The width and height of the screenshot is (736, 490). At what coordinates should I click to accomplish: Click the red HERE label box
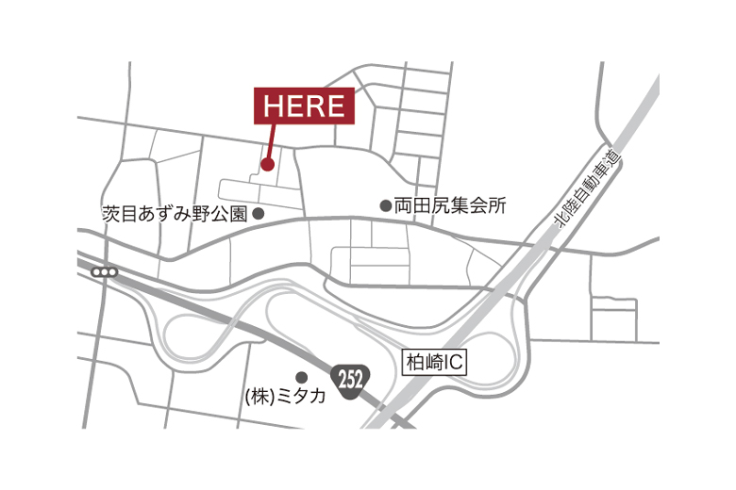[304, 106]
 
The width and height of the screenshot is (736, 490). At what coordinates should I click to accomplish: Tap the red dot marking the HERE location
[267, 165]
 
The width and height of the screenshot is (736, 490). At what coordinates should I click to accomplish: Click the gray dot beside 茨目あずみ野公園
[259, 214]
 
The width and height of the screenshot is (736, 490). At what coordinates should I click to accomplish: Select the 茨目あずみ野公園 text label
[175, 214]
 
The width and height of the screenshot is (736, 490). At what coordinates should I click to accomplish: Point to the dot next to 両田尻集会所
[385, 205]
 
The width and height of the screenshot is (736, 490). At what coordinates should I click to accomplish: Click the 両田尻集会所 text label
[450, 205]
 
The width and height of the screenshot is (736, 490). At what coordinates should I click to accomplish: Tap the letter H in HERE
[274, 106]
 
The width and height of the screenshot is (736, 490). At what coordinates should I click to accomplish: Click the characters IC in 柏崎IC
[454, 360]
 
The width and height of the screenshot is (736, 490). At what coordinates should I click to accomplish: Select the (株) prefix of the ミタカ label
[259, 397]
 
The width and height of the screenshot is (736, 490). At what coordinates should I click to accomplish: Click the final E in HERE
[335, 106]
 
